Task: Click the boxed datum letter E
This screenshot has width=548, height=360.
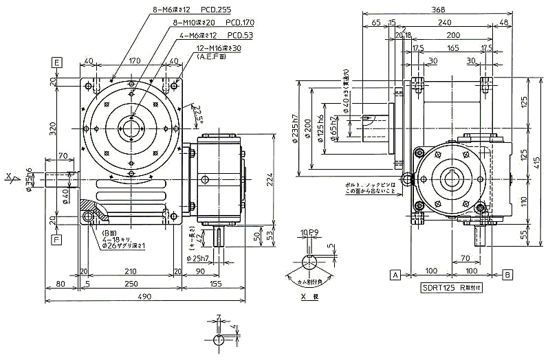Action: click(x=58, y=62)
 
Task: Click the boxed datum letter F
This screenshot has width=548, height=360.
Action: click(x=58, y=240)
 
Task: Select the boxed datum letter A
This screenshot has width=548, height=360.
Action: click(x=395, y=275)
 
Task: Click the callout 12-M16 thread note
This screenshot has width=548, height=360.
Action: click(x=217, y=49)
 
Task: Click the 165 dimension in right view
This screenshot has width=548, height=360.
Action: click(x=452, y=48)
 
